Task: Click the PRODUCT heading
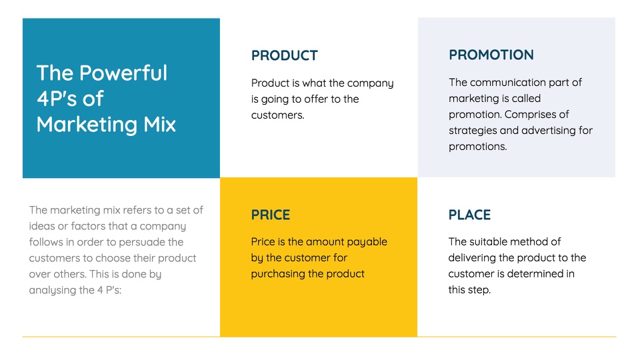(285, 55)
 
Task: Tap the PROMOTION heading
(491, 55)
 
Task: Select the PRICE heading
(271, 215)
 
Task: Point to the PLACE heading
(469, 215)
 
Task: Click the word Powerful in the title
(123, 73)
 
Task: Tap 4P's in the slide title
(56, 99)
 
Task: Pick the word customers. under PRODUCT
(277, 115)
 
